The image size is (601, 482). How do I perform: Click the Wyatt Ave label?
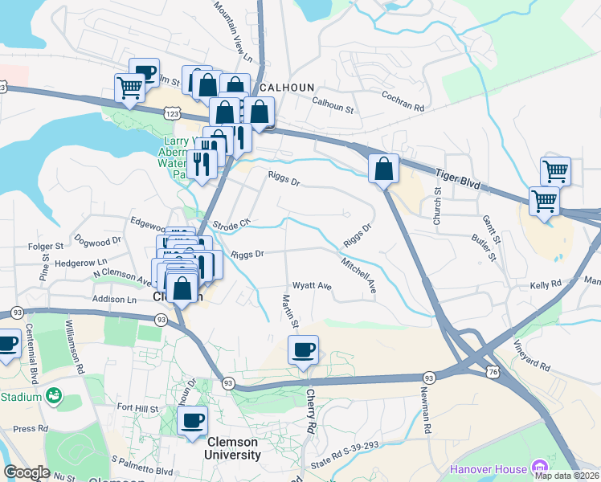coord(313,286)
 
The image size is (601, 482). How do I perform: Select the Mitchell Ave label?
coord(358,276)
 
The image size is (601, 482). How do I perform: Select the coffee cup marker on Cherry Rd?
coord(304,350)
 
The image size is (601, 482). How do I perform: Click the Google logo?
coord(27,472)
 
